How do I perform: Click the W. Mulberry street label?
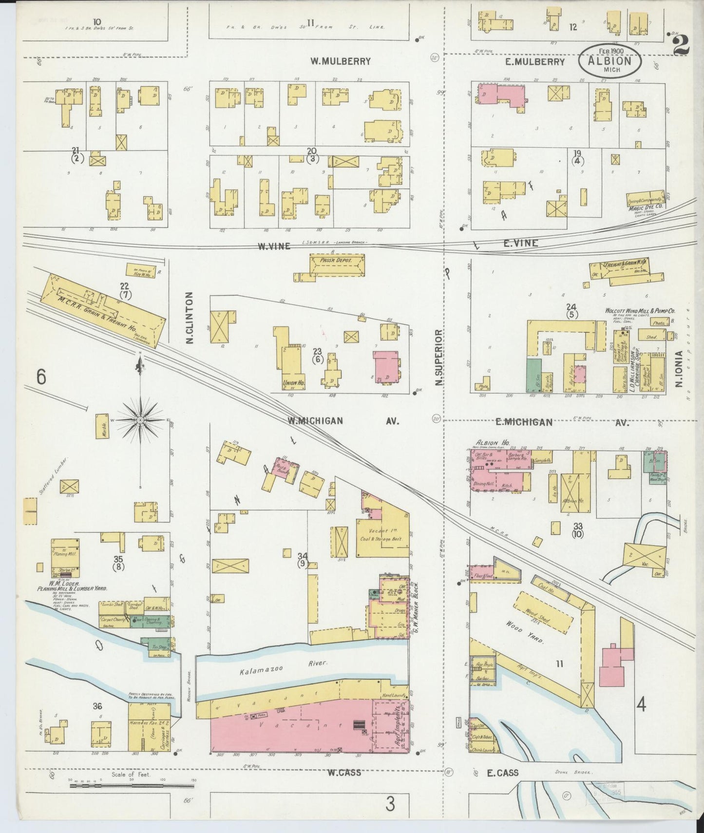click(341, 61)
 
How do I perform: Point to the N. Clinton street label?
click(190, 318)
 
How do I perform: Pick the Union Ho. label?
click(293, 383)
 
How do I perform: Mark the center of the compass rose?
click(141, 419)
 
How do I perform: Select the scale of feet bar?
click(132, 785)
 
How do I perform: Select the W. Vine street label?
click(274, 246)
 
